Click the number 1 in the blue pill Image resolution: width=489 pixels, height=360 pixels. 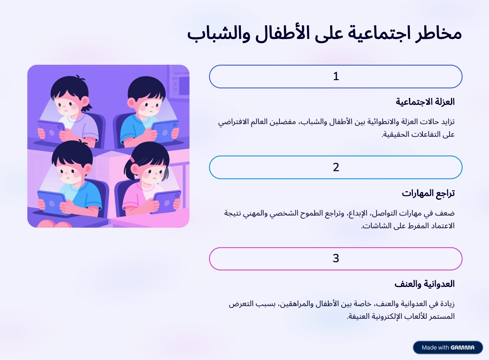point(336,77)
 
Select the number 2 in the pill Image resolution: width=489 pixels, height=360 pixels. point(336,168)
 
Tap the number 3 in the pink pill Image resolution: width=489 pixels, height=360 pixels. point(336,259)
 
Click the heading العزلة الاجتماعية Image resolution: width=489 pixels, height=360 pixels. point(425,102)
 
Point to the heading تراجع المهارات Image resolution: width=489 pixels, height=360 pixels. point(428,193)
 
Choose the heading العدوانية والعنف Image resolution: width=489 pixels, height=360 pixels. point(424,284)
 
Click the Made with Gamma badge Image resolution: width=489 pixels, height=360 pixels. point(448,347)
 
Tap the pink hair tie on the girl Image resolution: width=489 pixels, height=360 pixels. point(132,160)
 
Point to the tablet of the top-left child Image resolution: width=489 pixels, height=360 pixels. point(52,131)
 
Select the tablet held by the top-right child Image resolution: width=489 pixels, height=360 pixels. point(165,131)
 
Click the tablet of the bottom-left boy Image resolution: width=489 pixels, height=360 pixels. point(52,202)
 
